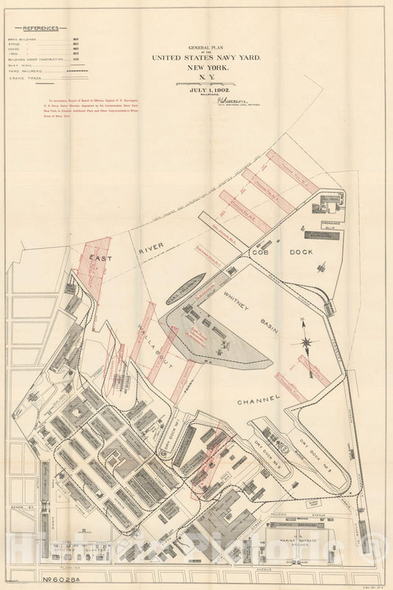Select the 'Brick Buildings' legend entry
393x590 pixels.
coord(22,40)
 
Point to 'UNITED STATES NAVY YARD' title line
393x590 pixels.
coord(206,58)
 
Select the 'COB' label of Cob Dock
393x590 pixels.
coord(261,252)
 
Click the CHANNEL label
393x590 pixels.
coord(259,401)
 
